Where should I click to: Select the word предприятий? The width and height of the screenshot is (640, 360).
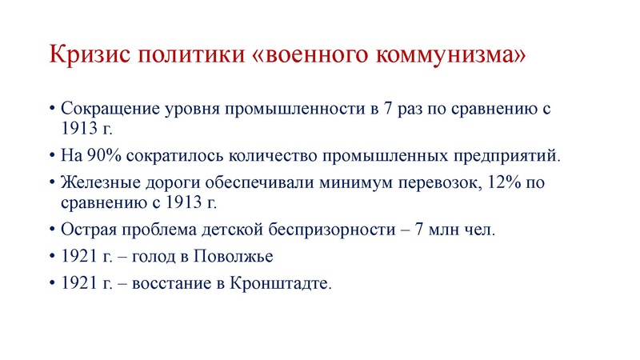tap(502, 154)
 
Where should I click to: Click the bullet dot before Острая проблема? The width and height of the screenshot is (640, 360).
tap(52, 229)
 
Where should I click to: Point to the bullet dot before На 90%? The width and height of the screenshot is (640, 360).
tap(52, 154)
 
